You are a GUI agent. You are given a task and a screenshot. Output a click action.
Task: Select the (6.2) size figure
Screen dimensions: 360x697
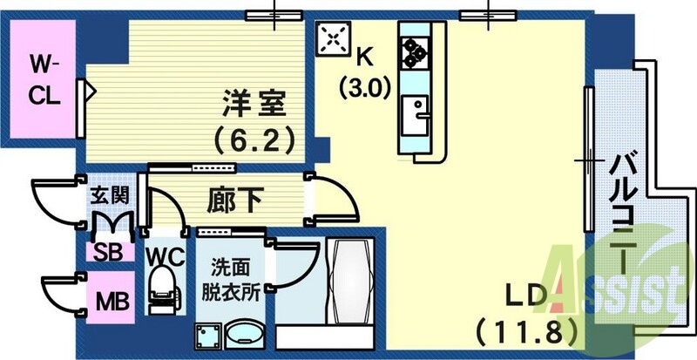tap(254, 138)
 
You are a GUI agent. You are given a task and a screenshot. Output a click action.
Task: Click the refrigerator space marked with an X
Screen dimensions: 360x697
tap(331, 39)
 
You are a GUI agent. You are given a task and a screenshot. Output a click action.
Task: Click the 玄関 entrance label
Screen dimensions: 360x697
tap(109, 194)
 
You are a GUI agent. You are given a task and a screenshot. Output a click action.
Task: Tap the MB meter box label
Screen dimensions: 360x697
tap(112, 302)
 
